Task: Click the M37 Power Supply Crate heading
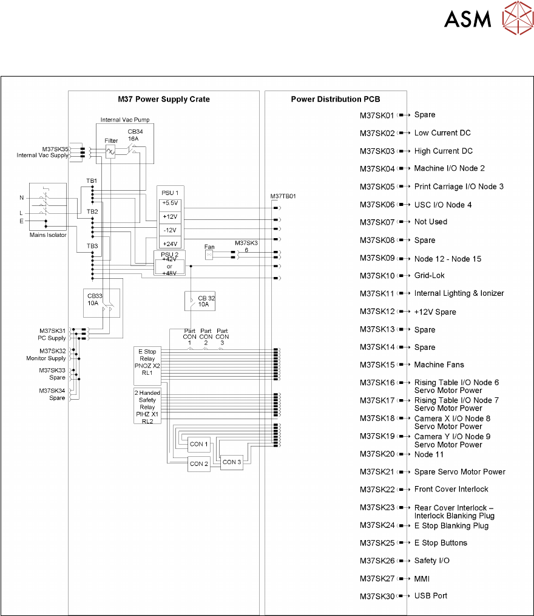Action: [x=164, y=99]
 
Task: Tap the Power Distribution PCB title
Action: [x=336, y=99]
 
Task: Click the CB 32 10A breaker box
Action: [x=200, y=301]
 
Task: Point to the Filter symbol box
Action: [x=111, y=149]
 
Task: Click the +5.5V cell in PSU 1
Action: [x=170, y=202]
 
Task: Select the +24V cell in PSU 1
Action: [x=170, y=242]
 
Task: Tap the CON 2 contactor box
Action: [x=199, y=464]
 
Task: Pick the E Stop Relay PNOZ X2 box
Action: [x=147, y=362]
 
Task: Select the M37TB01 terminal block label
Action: [x=283, y=196]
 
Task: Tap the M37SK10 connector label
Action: [x=377, y=276]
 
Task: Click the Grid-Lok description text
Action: [x=429, y=276]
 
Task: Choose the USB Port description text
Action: [x=431, y=595]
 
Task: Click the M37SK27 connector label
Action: [x=377, y=578]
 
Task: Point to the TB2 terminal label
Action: [x=92, y=211]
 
